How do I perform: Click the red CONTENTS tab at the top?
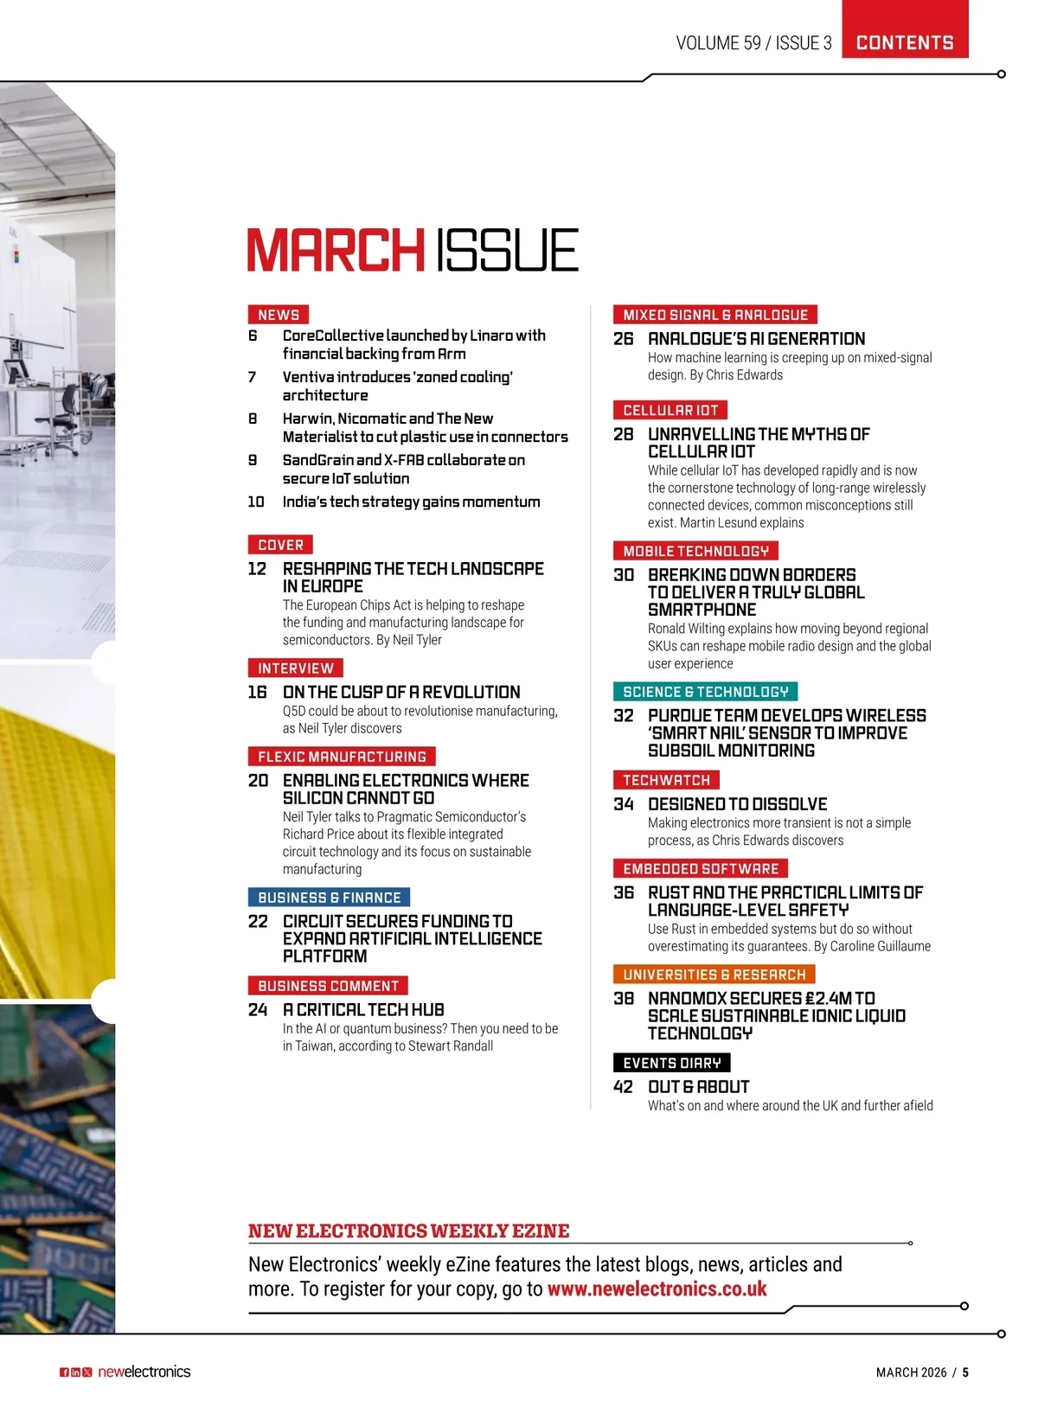pyautogui.click(x=905, y=42)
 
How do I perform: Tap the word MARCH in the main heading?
pyautogui.click(x=336, y=251)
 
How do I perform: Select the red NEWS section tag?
pyautogui.click(x=279, y=315)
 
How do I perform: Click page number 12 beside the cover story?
pyautogui.click(x=257, y=569)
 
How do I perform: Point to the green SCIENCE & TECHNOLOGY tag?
pyautogui.click(x=705, y=692)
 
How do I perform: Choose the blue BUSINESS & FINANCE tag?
pyautogui.click(x=329, y=898)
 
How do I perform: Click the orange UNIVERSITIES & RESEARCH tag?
pyautogui.click(x=714, y=975)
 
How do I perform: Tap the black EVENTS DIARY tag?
pyautogui.click(x=671, y=1063)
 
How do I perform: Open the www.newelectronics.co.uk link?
pyautogui.click(x=657, y=1289)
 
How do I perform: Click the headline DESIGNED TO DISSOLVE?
pyautogui.click(x=737, y=804)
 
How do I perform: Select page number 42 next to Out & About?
pyautogui.click(x=623, y=1087)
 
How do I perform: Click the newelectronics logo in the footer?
pyautogui.click(x=144, y=1371)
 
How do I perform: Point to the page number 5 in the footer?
pyautogui.click(x=965, y=1372)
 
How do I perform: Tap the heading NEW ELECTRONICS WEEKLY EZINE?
pyautogui.click(x=408, y=1231)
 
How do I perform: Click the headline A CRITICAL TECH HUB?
pyautogui.click(x=363, y=1010)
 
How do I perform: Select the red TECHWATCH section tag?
pyautogui.click(x=666, y=780)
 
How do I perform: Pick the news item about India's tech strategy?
pyautogui.click(x=411, y=502)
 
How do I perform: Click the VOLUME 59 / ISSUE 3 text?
pyautogui.click(x=753, y=43)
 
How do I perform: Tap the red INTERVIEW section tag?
pyautogui.click(x=295, y=668)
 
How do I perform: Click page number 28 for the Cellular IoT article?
pyautogui.click(x=623, y=434)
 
